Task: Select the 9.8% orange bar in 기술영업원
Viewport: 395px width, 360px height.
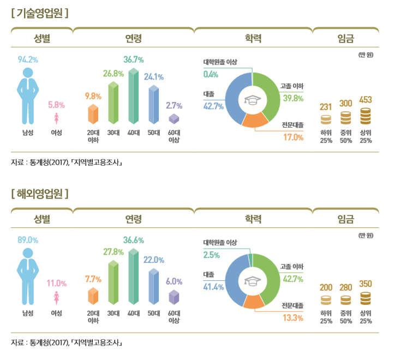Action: click(93, 113)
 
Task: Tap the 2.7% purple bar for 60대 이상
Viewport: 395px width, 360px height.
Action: click(174, 118)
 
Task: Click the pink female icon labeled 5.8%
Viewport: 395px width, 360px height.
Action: click(56, 118)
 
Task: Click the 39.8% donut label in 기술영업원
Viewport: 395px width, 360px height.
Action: click(292, 98)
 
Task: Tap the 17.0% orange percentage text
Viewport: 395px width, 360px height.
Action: click(292, 137)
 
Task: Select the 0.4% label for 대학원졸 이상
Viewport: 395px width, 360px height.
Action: click(211, 74)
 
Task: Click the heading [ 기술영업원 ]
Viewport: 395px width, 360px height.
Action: click(40, 13)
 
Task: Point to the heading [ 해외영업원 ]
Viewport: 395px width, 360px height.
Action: click(40, 193)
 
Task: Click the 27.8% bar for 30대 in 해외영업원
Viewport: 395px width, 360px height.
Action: click(113, 282)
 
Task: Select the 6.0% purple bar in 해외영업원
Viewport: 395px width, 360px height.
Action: click(174, 297)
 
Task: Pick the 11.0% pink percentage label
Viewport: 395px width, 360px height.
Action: click(56, 283)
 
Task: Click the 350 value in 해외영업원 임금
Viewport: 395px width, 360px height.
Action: click(366, 284)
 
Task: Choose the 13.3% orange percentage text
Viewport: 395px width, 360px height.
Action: click(292, 317)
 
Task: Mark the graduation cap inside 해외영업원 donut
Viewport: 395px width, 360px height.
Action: click(253, 281)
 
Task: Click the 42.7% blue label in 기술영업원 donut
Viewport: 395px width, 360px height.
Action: click(213, 106)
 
